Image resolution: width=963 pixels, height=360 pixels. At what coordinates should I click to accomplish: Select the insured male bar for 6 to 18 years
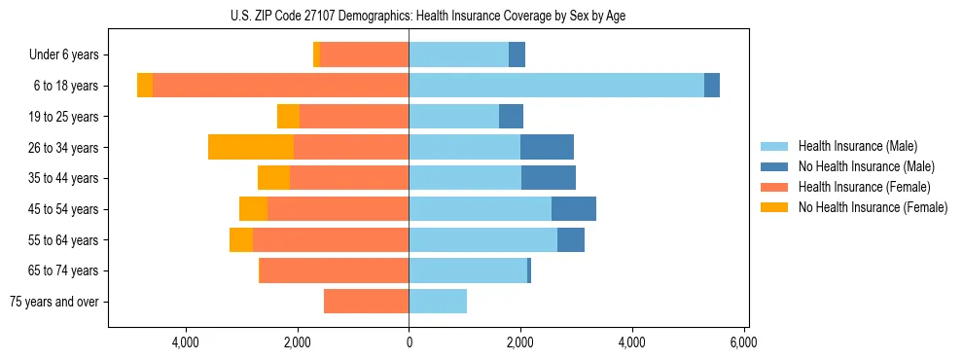tap(555, 86)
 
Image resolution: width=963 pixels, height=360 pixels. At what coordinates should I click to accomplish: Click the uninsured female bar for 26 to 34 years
tap(251, 147)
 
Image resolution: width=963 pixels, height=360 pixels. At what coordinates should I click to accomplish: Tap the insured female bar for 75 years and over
tap(366, 302)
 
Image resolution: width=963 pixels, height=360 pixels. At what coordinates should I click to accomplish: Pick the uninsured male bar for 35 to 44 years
tap(549, 178)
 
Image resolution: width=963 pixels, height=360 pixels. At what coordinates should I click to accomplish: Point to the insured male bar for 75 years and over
tap(438, 302)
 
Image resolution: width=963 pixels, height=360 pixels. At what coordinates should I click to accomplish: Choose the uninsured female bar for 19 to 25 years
tap(288, 117)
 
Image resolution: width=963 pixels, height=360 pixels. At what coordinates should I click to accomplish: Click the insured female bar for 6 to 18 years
tap(280, 86)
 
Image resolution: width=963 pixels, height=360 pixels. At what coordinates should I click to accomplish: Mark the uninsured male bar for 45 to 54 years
tap(574, 209)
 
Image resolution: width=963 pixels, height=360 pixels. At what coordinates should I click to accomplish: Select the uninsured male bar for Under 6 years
tap(517, 54)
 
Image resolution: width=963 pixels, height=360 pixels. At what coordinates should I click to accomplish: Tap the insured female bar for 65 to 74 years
tap(335, 270)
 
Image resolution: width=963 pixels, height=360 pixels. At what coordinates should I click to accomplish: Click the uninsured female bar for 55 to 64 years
tap(241, 239)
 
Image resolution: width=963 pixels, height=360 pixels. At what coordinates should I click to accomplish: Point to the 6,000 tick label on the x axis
tap(744, 342)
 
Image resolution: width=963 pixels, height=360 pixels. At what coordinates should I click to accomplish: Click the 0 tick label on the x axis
tap(409, 342)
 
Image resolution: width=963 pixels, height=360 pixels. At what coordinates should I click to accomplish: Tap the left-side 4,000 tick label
tap(185, 342)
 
